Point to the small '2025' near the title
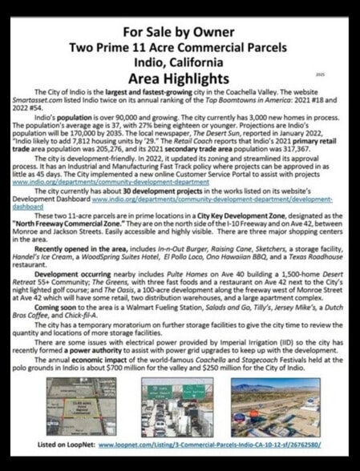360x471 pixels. tap(319, 74)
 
